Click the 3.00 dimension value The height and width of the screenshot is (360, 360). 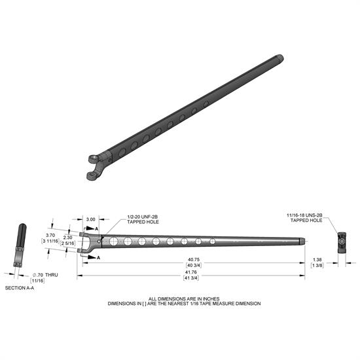coord(91,220)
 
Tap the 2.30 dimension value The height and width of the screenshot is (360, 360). coord(67,238)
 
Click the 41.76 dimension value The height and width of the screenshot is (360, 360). coord(192,272)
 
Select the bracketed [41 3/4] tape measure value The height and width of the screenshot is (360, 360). coord(192,278)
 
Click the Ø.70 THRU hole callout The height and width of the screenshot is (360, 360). coord(44,274)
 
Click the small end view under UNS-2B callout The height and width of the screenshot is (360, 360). coord(341,242)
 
